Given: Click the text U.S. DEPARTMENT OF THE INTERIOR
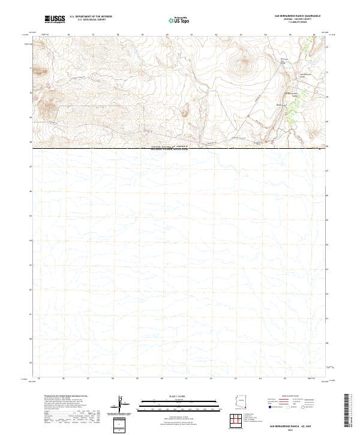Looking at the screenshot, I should coord(91,16).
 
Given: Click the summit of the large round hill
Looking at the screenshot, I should coord(244,60).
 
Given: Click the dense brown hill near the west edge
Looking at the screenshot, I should coord(47,107).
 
